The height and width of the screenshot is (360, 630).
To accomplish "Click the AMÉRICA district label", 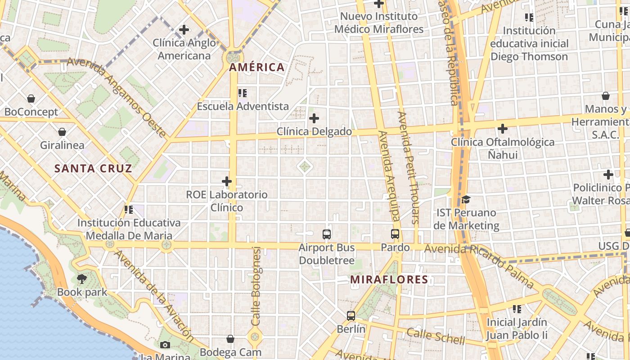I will (x=257, y=67).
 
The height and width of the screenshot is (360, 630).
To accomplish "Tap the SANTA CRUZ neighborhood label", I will (x=93, y=169).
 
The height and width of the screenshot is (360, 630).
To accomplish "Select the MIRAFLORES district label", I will (x=389, y=279).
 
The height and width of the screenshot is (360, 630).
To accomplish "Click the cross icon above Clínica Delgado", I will (x=314, y=119).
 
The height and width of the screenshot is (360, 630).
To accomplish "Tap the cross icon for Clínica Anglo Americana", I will (x=184, y=30).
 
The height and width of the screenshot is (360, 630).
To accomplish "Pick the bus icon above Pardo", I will (x=395, y=234).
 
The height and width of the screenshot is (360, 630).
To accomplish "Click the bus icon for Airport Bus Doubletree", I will (x=327, y=234).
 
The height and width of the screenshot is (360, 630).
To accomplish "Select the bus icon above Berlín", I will (x=351, y=316).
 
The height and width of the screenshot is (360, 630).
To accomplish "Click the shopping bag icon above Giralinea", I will (x=62, y=132).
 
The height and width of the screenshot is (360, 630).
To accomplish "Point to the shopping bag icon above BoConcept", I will (x=31, y=98).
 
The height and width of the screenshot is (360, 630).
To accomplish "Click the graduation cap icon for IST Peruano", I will (x=466, y=199).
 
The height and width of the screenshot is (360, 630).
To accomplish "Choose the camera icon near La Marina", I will (x=165, y=345).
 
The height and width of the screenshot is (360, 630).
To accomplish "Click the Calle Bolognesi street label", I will (x=256, y=286).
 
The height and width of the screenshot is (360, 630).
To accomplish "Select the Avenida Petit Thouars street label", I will (x=409, y=167).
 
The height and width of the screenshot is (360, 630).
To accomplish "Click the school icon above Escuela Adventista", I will (x=243, y=93).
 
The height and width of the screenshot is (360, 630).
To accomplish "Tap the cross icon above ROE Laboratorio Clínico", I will (x=227, y=182).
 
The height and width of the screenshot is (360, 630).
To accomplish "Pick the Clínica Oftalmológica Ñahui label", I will (x=503, y=148).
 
